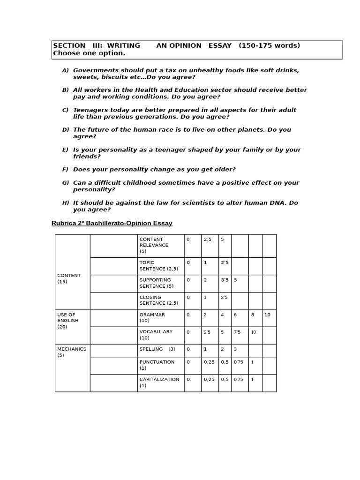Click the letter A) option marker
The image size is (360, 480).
click(65, 70)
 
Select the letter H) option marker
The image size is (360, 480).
click(65, 203)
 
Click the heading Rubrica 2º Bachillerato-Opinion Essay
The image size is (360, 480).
click(112, 223)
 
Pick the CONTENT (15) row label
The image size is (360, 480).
click(68, 278)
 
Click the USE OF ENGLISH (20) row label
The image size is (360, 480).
click(68, 321)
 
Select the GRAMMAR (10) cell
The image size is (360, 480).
click(152, 318)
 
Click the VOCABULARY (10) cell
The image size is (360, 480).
click(156, 335)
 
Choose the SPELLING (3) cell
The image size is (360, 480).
click(157, 349)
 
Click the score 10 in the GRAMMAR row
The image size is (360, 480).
click(267, 315)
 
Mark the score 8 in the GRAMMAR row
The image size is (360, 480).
click(252, 315)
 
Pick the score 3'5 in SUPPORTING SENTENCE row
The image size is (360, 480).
click(225, 280)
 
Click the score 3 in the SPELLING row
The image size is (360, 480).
click(235, 349)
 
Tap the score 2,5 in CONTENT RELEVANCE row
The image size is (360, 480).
click(208, 240)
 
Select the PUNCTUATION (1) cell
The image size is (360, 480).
click(157, 365)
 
